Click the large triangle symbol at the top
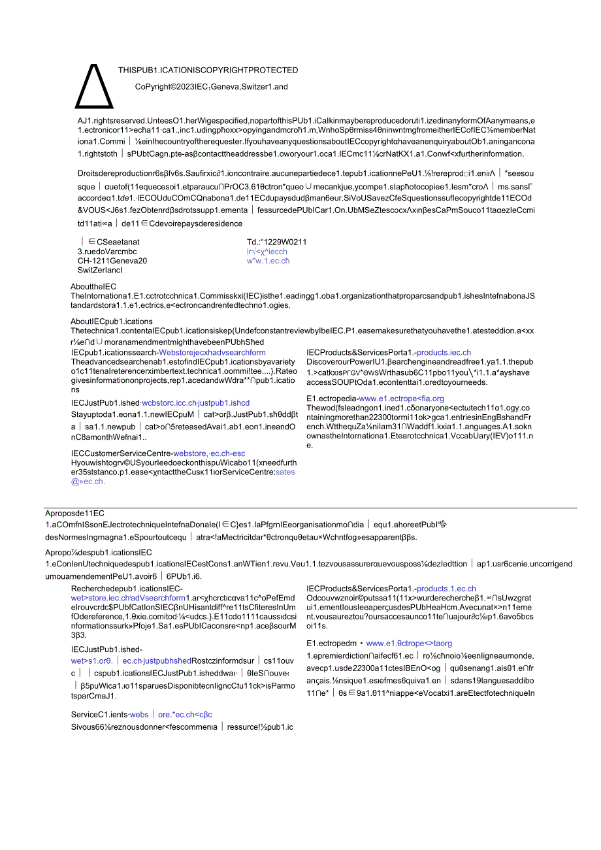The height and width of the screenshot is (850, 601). click(x=94, y=86)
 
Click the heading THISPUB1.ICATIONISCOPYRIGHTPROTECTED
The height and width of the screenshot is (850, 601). click(x=208, y=71)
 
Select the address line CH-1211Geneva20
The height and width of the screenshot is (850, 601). click(x=112, y=261)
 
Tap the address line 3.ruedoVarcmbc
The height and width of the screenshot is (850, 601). click(x=107, y=252)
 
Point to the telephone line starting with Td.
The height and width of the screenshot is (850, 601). click(x=276, y=242)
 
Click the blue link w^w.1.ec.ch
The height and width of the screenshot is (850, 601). click(x=268, y=261)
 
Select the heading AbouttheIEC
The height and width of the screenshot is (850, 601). click(x=93, y=287)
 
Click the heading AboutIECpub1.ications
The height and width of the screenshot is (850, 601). click(x=111, y=321)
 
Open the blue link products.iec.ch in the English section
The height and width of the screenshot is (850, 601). click(x=444, y=353)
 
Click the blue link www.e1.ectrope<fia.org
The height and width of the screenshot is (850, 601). click(x=401, y=399)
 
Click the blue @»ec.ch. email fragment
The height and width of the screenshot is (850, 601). click(x=88, y=482)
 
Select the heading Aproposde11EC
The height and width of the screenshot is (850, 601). click(x=74, y=514)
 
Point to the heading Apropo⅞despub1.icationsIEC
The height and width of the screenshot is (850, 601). click(x=98, y=553)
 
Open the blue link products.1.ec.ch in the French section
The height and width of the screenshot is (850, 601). click(x=446, y=589)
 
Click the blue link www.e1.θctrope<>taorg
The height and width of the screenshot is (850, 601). click(x=408, y=644)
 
